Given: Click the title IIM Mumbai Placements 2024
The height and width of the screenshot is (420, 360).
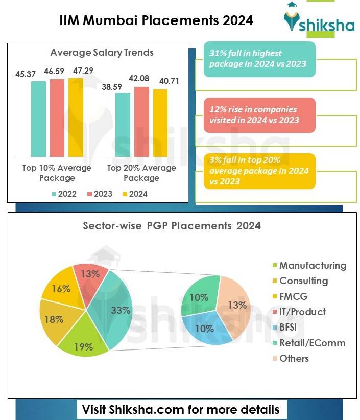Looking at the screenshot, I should tap(156, 20).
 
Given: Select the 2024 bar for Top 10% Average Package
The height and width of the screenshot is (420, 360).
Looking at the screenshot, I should tap(76, 117).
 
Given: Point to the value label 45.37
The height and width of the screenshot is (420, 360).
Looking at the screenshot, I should tap(26, 74).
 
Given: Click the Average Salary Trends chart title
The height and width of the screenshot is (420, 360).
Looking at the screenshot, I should tap(102, 52).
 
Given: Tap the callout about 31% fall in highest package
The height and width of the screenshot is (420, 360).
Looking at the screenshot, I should tap(259, 59).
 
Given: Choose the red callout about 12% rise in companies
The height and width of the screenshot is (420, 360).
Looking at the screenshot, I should tap(259, 115).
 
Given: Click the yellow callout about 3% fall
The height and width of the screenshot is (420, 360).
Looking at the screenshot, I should tap(259, 171).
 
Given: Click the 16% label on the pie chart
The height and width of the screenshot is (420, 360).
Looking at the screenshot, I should tap(61, 289).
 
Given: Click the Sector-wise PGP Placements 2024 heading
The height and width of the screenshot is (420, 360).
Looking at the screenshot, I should tap(172, 225).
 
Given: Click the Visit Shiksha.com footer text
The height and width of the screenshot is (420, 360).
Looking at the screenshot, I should tap(181, 409).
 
